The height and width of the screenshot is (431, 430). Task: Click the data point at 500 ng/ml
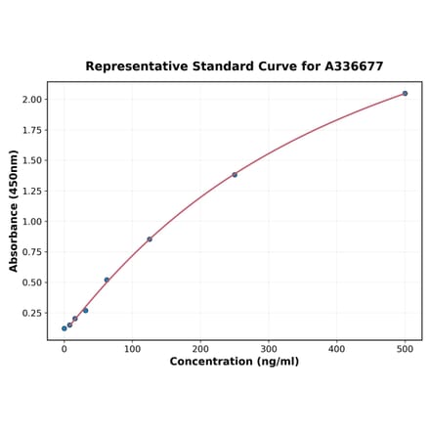pos(405,94)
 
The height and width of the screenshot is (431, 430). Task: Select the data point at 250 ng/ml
pos(235,175)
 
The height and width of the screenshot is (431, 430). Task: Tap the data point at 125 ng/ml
pos(150,239)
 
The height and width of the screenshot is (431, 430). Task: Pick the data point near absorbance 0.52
pos(107,280)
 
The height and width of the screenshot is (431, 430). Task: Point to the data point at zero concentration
pos(64,328)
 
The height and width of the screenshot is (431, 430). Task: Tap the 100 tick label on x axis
pos(132,349)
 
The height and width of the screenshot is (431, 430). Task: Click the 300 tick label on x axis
pos(269,349)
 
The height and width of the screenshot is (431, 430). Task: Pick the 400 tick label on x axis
pos(337,349)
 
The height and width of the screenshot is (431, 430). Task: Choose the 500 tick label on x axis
pos(405,349)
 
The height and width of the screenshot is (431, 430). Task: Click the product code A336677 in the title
pos(348,66)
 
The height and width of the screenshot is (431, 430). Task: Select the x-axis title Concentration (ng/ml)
pos(235,363)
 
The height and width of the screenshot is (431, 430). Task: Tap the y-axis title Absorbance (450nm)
pos(14,211)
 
